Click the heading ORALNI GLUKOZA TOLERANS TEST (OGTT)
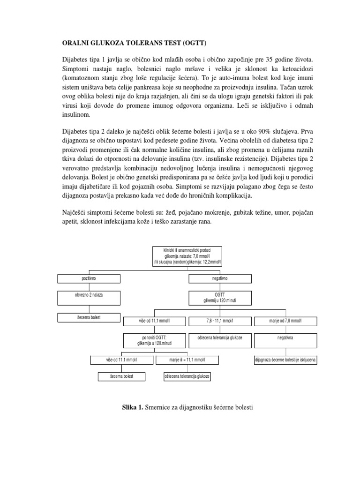(x=134, y=43)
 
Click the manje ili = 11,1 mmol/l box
(x=187, y=360)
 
